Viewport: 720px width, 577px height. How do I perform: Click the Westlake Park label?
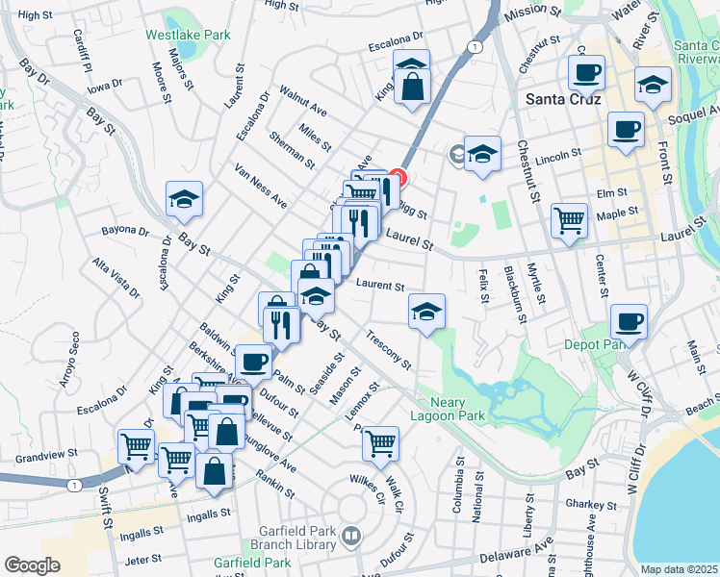(x=188, y=35)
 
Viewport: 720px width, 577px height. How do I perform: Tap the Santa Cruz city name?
(x=563, y=99)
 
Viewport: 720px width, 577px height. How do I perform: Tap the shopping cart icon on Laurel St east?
(x=569, y=220)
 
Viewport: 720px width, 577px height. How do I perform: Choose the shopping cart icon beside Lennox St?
(x=380, y=443)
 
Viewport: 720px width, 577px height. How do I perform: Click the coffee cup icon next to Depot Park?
(x=629, y=320)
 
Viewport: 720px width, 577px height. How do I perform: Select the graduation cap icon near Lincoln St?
(x=482, y=153)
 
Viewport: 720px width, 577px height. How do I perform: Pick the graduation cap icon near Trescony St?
(x=426, y=311)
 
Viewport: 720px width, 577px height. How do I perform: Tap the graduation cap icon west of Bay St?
(x=184, y=199)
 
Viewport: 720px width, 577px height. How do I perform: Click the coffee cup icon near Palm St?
(x=253, y=362)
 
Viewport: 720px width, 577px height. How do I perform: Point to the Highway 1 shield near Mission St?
(x=475, y=46)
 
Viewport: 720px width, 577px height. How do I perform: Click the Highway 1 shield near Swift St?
(x=74, y=486)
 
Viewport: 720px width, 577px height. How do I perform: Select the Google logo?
(x=32, y=564)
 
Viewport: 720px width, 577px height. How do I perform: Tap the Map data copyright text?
(x=679, y=569)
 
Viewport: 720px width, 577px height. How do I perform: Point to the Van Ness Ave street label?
(x=262, y=186)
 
